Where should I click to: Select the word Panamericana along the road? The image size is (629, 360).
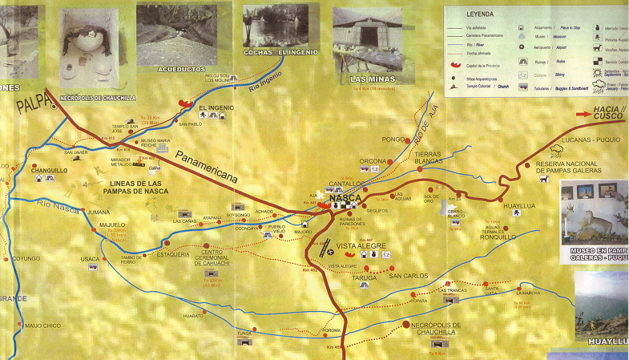(207, 166)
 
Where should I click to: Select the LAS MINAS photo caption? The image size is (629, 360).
(368, 79)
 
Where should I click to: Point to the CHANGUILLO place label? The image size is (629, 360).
(49, 170)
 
